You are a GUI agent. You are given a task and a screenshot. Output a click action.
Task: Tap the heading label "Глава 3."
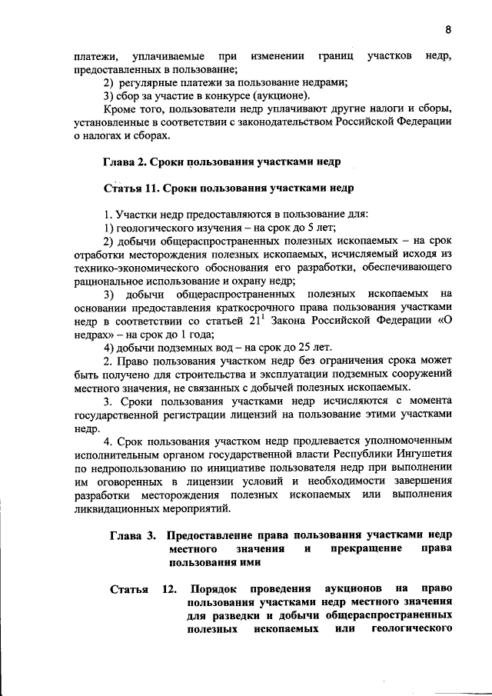[132, 534]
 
